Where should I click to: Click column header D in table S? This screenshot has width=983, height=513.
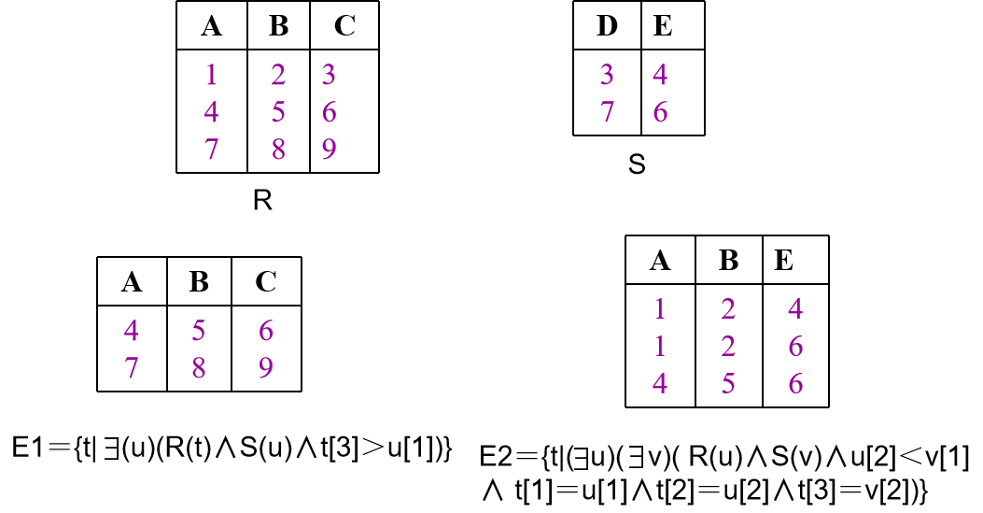pos(606,25)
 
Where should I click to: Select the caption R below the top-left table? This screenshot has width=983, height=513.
pos(262,200)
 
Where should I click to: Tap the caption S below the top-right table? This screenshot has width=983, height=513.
pos(638,166)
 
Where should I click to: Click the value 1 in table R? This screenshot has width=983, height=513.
pos(211,75)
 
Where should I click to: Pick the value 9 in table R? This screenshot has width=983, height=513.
pos(329,150)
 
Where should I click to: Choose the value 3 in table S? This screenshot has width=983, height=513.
pos(606,75)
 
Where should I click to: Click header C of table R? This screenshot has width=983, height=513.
pos(344,26)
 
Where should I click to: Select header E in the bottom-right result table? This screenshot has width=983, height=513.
pos(783,261)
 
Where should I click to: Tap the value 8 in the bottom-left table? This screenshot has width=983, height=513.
pos(199,368)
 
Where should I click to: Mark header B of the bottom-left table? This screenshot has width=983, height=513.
pos(199,281)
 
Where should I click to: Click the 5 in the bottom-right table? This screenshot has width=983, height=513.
pos(729,384)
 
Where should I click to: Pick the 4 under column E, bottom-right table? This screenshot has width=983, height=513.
pos(795,309)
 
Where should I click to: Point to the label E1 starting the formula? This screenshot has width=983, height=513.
pos(29,448)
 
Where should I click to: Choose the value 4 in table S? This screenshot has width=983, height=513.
pos(660,75)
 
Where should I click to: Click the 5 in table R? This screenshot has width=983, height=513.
pos(277,112)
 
